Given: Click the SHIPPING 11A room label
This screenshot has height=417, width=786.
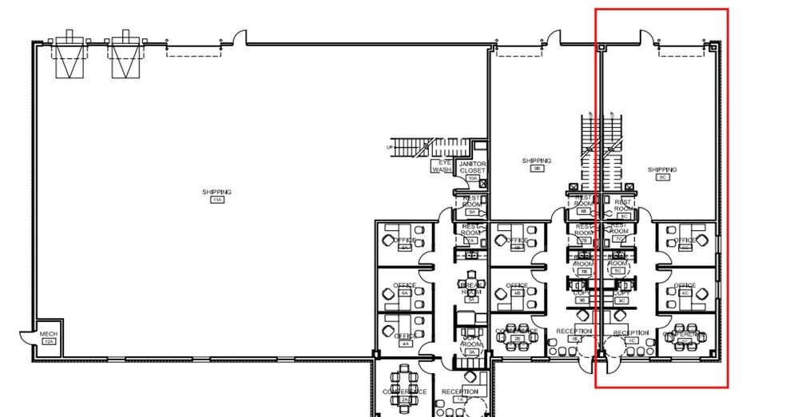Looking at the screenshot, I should [x=216, y=193].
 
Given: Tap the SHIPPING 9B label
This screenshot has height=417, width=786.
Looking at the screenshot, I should [x=537, y=161].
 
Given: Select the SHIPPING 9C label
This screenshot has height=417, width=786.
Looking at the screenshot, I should [x=662, y=170].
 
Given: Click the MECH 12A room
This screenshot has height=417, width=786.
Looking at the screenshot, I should [x=49, y=337].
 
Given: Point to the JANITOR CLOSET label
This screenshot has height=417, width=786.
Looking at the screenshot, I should [x=472, y=167].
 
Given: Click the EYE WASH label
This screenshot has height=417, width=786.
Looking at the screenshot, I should [x=443, y=165].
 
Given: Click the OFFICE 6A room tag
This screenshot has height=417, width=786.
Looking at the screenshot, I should [x=405, y=294].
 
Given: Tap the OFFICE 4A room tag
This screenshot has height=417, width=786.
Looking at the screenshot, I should [x=405, y=344].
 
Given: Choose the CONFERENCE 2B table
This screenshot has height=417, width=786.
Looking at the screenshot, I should [x=517, y=336].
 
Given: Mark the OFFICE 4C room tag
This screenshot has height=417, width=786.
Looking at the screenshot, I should [x=685, y=293].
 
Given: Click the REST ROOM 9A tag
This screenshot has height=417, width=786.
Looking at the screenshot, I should [x=471, y=212].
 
